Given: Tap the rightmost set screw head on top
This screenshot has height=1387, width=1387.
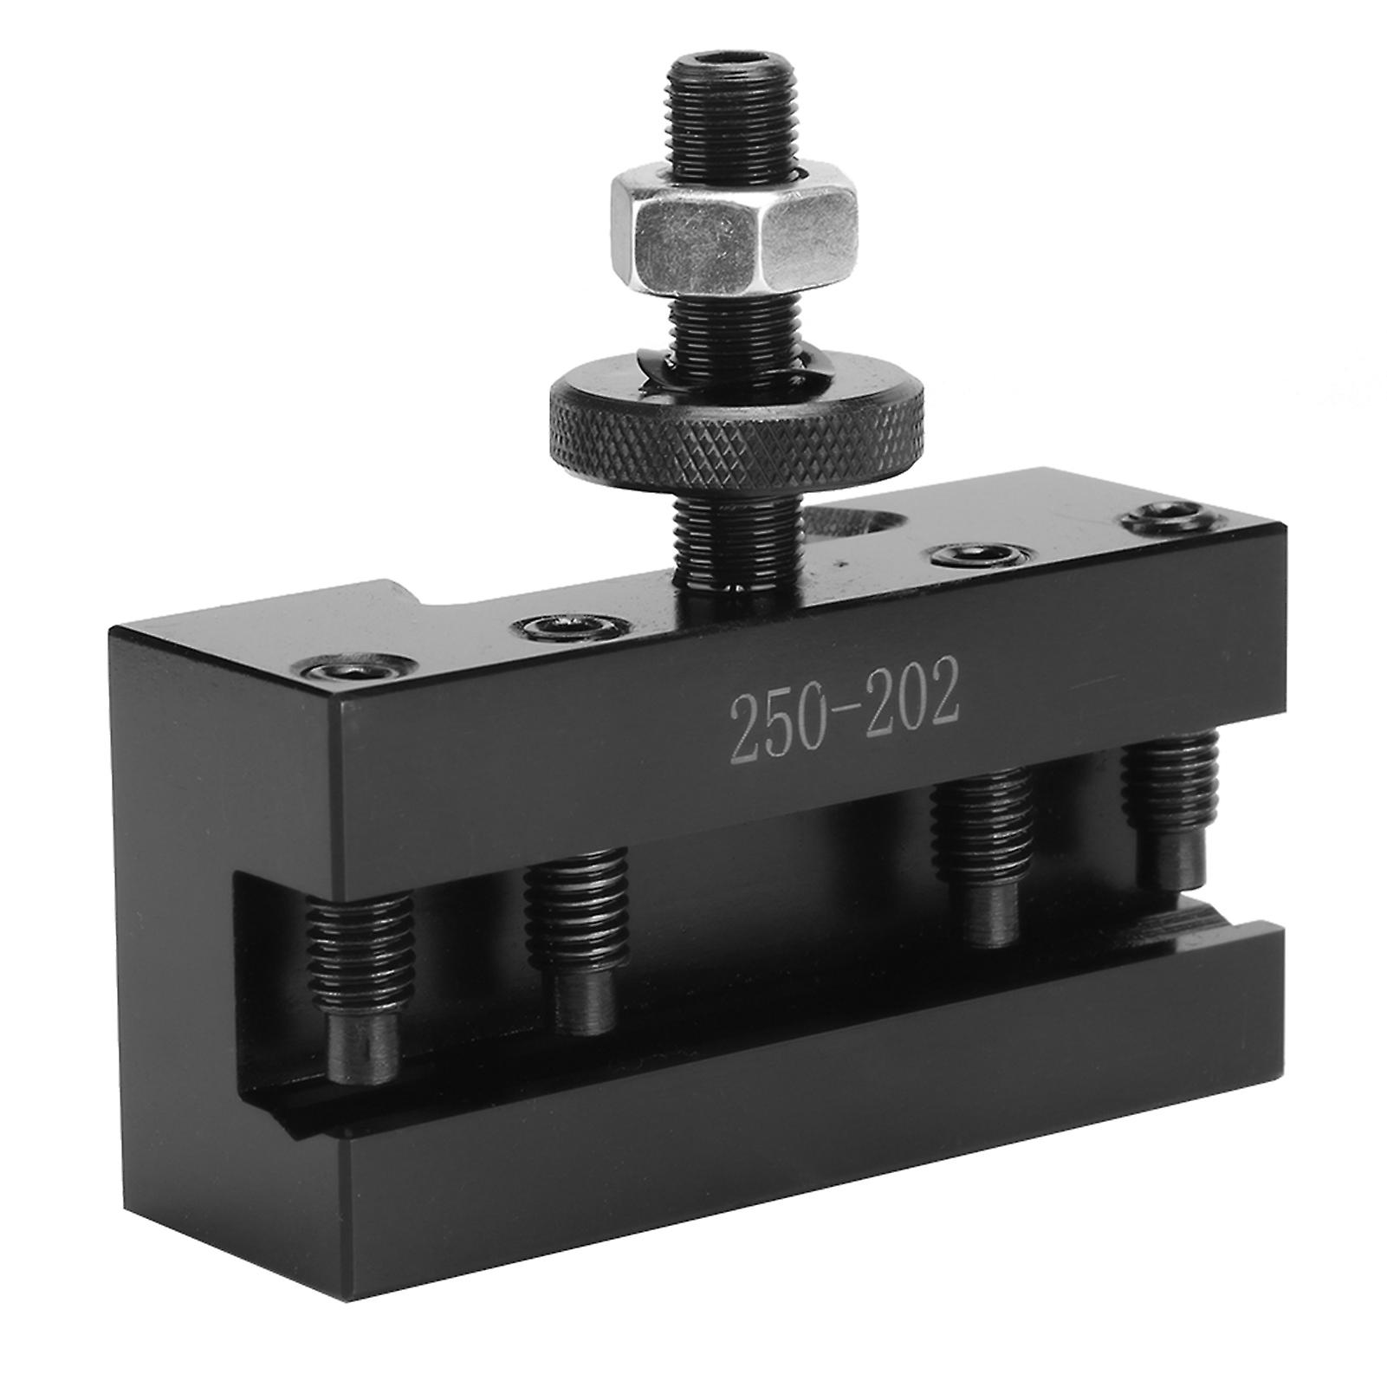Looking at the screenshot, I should tap(1160, 521).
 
